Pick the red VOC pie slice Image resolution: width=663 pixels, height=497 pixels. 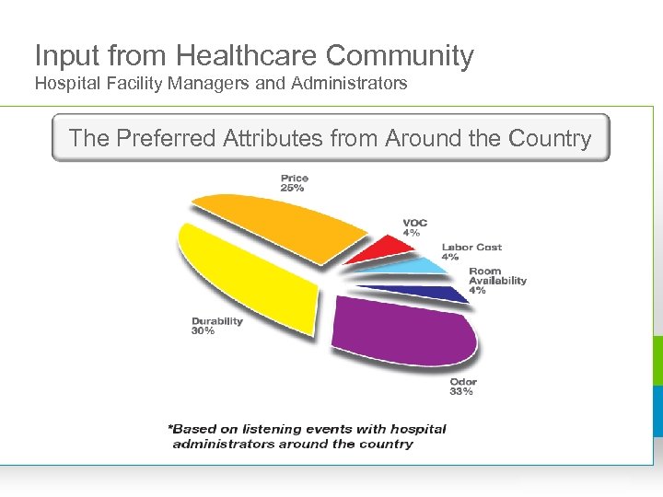click(385, 248)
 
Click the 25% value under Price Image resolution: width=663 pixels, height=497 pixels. click(293, 189)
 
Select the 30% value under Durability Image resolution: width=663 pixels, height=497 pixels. click(204, 331)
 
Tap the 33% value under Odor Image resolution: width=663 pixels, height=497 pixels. click(461, 392)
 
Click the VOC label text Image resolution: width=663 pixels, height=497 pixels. click(414, 223)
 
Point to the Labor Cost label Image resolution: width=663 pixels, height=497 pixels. click(471, 247)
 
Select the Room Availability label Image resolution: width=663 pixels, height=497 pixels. click(497, 276)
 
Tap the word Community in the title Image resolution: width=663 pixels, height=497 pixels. click(400, 55)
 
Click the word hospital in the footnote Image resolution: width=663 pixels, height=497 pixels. click(418, 429)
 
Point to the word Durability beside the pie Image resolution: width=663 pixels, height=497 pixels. click(216, 321)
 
